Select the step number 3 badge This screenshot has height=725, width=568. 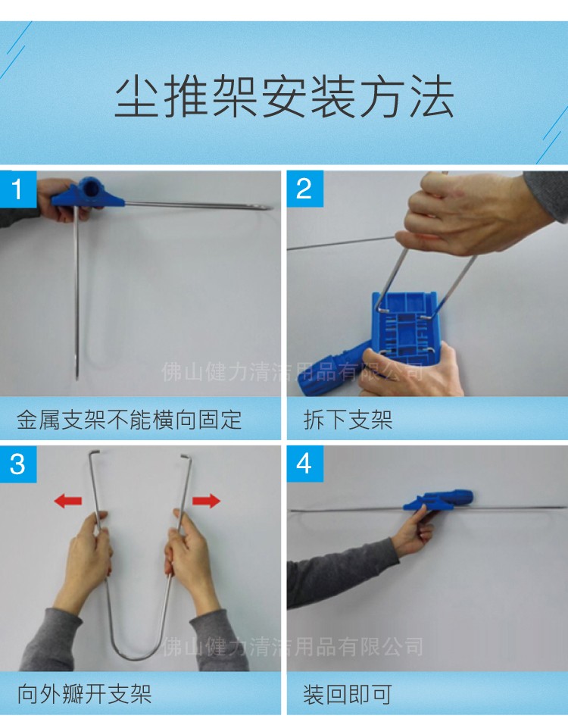(17, 464)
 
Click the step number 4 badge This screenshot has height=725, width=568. (304, 464)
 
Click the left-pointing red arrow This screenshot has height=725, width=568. (68, 501)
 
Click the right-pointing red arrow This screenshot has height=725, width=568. (205, 501)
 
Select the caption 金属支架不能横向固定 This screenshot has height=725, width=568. (130, 420)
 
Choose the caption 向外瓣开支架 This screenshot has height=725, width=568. (85, 694)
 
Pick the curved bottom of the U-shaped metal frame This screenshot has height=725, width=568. (139, 652)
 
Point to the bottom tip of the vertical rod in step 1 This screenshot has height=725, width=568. (77, 374)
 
